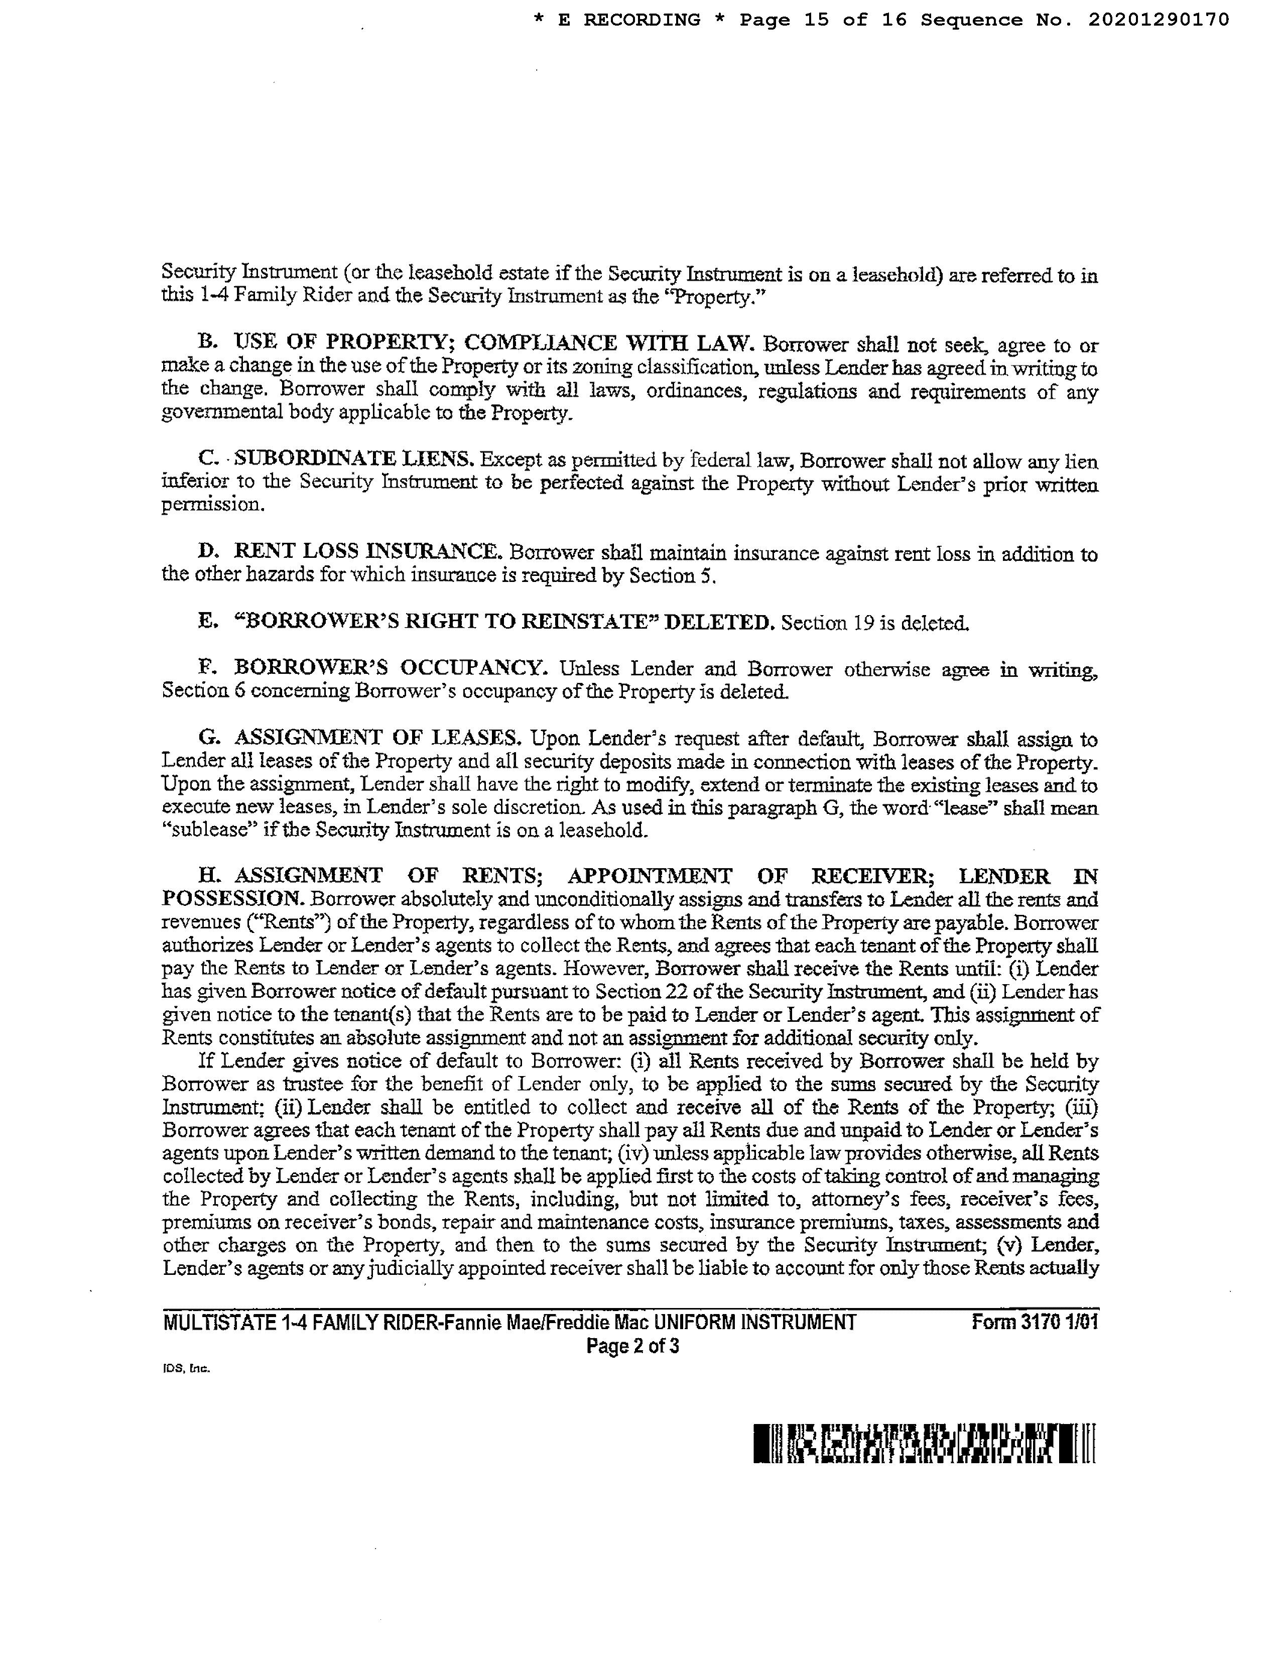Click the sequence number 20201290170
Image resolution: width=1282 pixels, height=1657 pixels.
[1159, 21]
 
